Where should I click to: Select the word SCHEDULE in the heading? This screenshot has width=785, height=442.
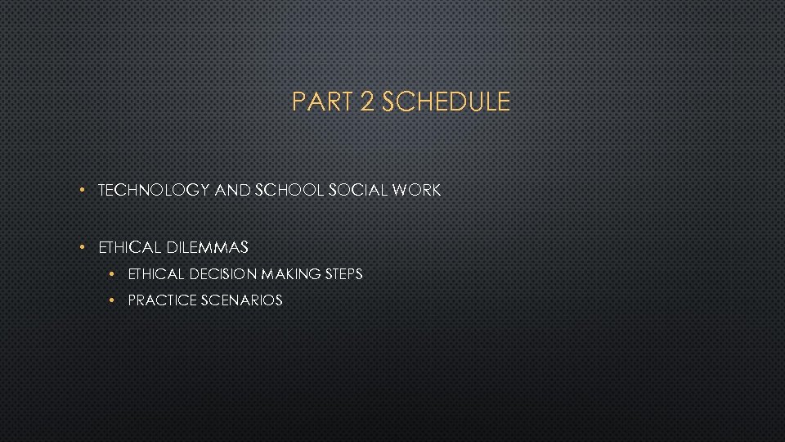446,102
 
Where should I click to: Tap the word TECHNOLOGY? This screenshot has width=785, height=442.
154,191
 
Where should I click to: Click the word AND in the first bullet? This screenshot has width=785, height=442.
232,191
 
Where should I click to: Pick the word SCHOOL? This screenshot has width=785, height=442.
289,191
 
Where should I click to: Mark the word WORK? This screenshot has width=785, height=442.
416,191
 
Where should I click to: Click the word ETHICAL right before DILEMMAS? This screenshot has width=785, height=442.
130,246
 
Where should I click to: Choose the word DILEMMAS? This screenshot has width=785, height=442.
207,246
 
